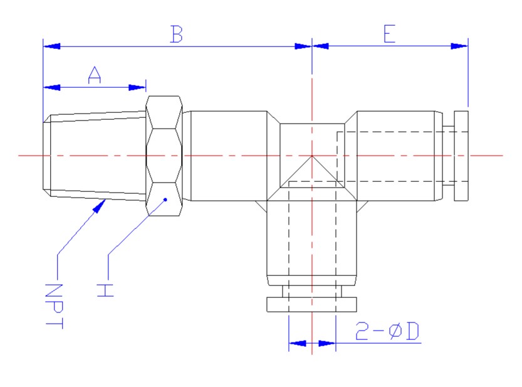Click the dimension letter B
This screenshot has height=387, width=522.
[177, 34]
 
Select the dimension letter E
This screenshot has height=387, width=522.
[389, 34]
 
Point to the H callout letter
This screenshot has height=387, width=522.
[105, 290]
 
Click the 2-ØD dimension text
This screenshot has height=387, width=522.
[387, 331]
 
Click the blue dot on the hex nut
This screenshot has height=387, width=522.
[165, 199]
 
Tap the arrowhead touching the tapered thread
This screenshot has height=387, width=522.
[98, 205]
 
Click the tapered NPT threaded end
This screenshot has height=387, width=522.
[94, 156]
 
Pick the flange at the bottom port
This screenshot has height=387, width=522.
[311, 304]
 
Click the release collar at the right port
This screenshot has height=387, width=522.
[461, 156]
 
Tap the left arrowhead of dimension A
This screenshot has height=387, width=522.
[50, 88]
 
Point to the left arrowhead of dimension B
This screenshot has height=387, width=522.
[51, 46]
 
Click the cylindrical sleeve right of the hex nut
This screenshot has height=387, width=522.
[228, 156]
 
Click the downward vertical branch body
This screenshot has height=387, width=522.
[311, 238]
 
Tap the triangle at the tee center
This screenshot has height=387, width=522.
[311, 172]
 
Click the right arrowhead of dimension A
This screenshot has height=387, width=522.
[138, 88]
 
